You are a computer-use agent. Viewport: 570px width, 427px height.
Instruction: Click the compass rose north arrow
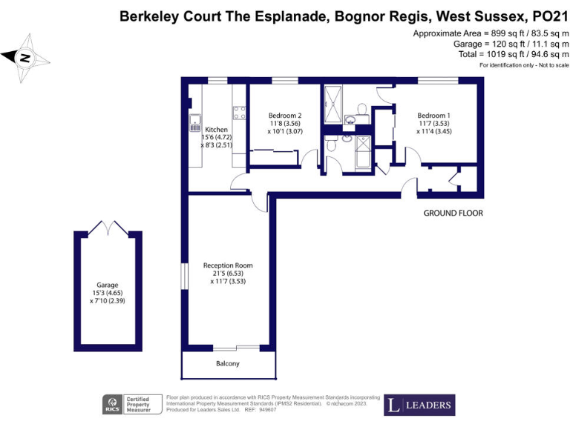tap(25, 56)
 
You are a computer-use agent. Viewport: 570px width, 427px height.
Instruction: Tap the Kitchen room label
tap(216, 129)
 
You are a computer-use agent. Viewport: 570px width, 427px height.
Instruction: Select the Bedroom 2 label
tap(285, 115)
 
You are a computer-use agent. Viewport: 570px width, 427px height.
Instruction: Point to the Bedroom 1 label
tap(433, 115)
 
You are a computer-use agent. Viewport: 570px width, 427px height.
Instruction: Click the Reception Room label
tap(228, 265)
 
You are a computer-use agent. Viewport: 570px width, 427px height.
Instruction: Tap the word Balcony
tap(228, 364)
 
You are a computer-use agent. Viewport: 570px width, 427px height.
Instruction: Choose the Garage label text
tap(107, 285)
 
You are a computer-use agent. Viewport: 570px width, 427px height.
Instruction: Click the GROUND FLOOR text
tap(453, 213)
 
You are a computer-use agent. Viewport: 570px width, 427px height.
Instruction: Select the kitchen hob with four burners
tap(240, 113)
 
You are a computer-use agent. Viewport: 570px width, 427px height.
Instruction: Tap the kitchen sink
tap(195, 122)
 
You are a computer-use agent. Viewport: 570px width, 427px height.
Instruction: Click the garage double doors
tap(108, 228)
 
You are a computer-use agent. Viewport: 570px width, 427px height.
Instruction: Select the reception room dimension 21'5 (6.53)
tap(228, 273)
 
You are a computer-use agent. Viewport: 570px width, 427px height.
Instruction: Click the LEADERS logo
tap(419, 405)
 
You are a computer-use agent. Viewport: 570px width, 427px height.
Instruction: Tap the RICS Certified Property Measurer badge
tap(131, 405)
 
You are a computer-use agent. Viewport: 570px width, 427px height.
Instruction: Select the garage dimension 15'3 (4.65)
tap(107, 293)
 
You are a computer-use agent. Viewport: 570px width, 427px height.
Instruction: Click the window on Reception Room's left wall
tap(183, 278)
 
